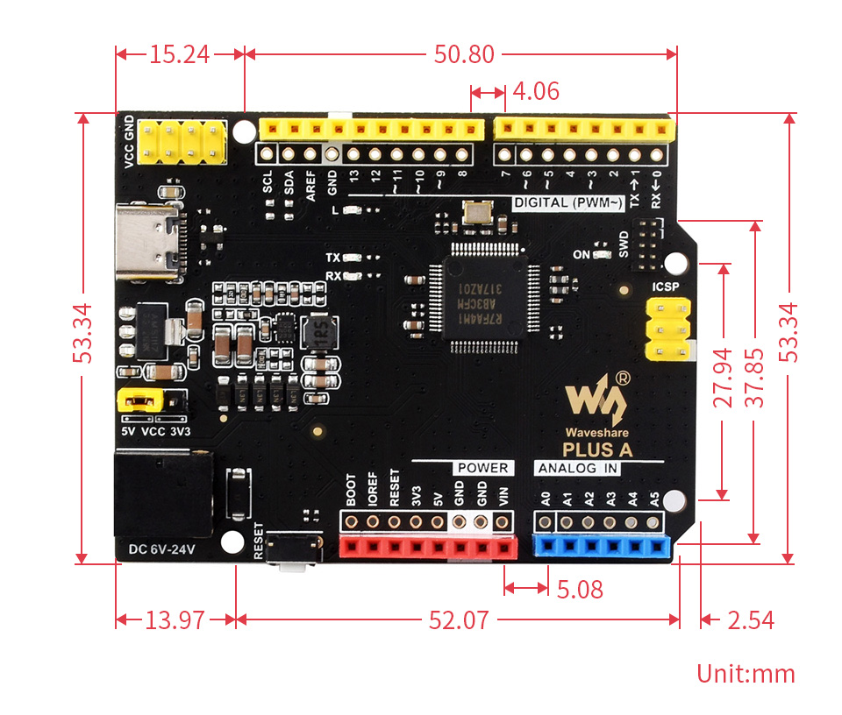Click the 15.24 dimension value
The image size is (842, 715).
click(x=179, y=54)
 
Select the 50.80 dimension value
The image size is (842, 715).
click(x=464, y=54)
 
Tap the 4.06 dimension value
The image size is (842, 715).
click(x=535, y=91)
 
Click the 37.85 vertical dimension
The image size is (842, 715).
click(x=754, y=379)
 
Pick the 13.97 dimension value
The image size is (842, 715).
click(x=175, y=620)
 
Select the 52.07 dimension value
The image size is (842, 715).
click(x=458, y=620)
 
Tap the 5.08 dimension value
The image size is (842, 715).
click(x=580, y=589)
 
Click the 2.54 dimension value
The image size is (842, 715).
click(x=751, y=620)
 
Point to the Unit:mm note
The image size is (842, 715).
click(x=746, y=674)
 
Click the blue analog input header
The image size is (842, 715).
click(x=600, y=547)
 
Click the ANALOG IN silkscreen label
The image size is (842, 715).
click(x=579, y=468)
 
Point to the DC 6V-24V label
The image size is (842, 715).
click(x=163, y=549)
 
